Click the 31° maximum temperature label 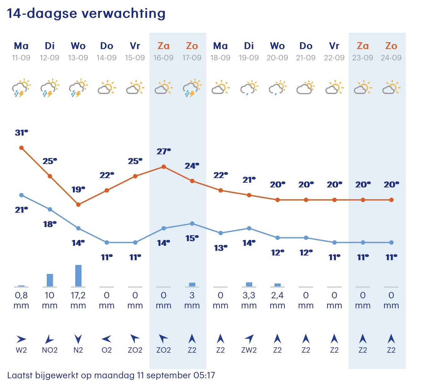tap(21, 133)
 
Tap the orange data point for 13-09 tap(78, 205)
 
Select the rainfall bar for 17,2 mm tap(78, 275)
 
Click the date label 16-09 tap(163, 58)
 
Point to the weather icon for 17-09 tap(192, 88)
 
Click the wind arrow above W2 tap(21, 339)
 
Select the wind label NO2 tap(50, 350)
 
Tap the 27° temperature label tap(164, 152)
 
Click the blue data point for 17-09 tap(192, 224)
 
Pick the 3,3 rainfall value tap(249, 295)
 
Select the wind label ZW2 tap(249, 350)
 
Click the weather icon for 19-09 tap(249, 88)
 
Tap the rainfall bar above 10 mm tap(50, 280)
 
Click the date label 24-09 tap(391, 58)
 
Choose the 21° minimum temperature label tap(21, 210)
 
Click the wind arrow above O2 tap(107, 339)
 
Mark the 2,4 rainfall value tap(277, 295)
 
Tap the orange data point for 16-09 tap(164, 167)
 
